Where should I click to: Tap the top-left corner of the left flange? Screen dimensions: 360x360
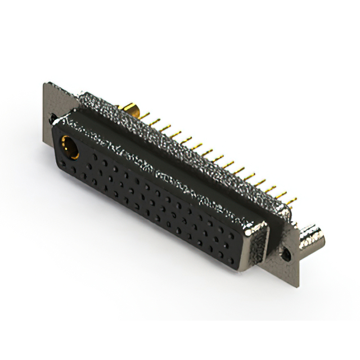45,84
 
